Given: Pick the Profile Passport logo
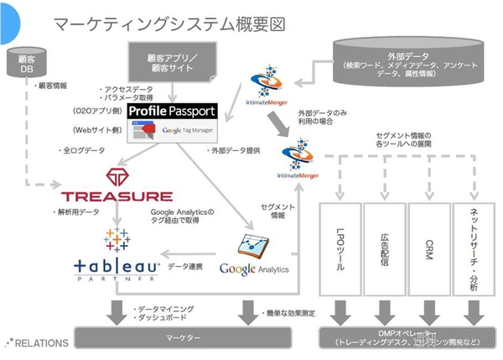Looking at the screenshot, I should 172,111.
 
